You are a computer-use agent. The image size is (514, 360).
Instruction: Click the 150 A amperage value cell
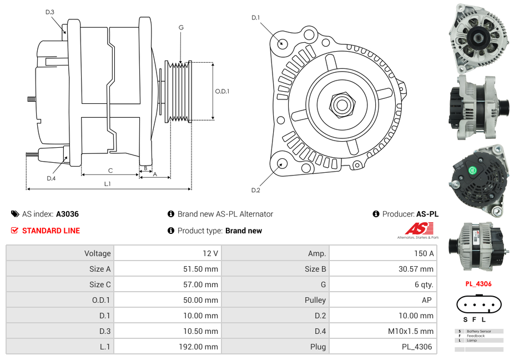tap(425, 253)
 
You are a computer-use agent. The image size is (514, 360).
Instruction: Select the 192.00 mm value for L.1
tap(203, 347)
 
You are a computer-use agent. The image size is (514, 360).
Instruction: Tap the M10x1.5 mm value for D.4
tap(411, 331)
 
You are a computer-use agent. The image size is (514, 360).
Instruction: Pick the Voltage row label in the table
tap(97, 253)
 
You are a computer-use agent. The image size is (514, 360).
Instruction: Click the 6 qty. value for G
tap(424, 284)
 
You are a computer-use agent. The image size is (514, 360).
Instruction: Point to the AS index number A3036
tap(67, 214)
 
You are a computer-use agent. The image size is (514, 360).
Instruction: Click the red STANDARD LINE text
tap(51, 231)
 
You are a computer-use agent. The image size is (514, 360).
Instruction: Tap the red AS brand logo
tap(419, 228)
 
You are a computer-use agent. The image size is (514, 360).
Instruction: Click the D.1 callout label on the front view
tap(255, 18)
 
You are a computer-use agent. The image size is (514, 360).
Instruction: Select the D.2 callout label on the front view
tap(255, 191)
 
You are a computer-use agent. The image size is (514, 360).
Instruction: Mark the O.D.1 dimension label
tap(222, 92)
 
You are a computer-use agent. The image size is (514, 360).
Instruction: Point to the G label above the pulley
tap(181, 27)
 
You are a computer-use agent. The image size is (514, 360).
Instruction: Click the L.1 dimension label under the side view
tap(107, 184)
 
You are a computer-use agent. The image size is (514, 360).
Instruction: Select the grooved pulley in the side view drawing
tap(179, 91)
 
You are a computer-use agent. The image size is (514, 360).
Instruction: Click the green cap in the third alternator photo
tap(472, 171)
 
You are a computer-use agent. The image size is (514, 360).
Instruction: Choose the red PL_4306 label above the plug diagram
tap(478, 284)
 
